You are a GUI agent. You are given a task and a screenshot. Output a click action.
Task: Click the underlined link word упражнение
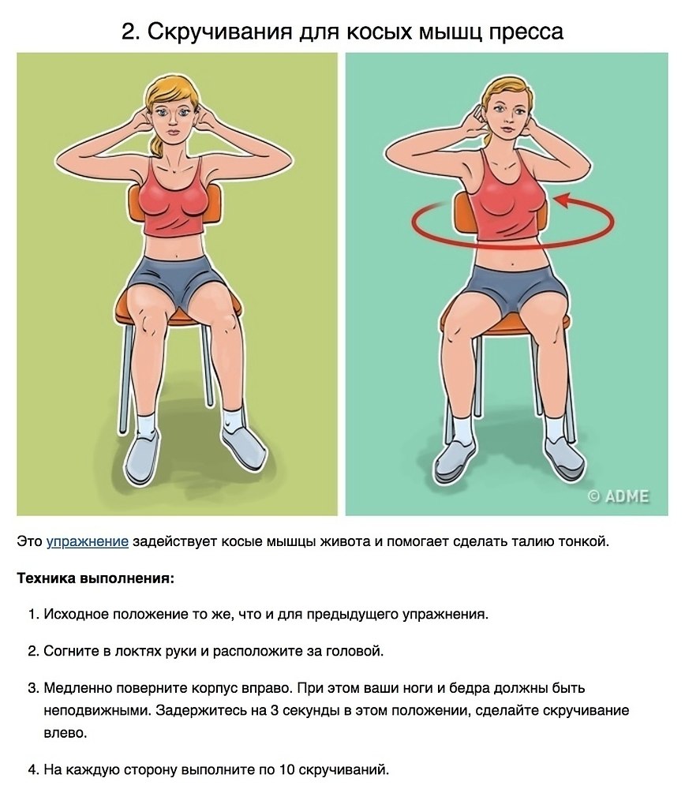[87, 541]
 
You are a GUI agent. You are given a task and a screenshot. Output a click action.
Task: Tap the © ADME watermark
[618, 496]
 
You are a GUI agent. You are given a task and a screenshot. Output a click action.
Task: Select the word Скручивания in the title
[219, 32]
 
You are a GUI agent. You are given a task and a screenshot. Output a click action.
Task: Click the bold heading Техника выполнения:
[95, 578]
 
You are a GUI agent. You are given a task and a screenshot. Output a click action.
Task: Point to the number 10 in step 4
[287, 770]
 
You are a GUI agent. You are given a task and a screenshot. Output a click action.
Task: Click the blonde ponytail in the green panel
[157, 144]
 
